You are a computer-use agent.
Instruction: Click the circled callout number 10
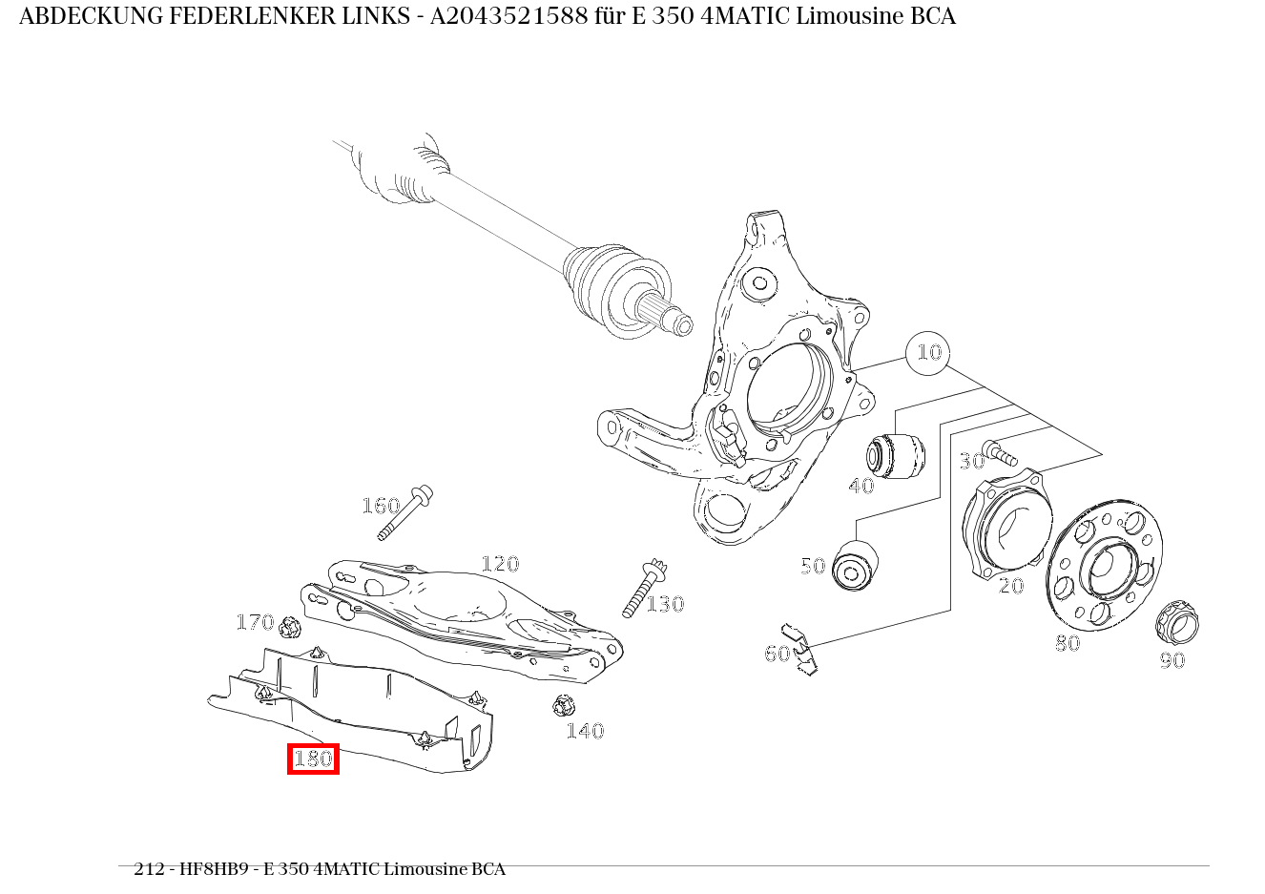tap(927, 353)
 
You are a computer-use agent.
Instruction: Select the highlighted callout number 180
tap(313, 759)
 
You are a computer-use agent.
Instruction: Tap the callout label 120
tap(499, 564)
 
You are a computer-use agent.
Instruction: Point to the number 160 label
tap(380, 506)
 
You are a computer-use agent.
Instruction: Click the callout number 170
tap(255, 622)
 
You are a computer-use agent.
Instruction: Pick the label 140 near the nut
tap(585, 731)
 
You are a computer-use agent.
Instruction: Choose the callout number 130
tap(665, 604)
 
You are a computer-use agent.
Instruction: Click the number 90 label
tap(1172, 660)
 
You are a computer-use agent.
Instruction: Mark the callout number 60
tap(777, 654)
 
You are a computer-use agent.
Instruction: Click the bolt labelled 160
tap(406, 512)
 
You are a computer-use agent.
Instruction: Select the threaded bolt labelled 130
tap(644, 587)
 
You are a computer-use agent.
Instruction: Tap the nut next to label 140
tap(563, 706)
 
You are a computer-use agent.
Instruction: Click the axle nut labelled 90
tap(1177, 622)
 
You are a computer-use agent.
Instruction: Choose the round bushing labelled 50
tap(854, 566)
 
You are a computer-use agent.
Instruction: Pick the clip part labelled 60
tap(798, 650)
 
